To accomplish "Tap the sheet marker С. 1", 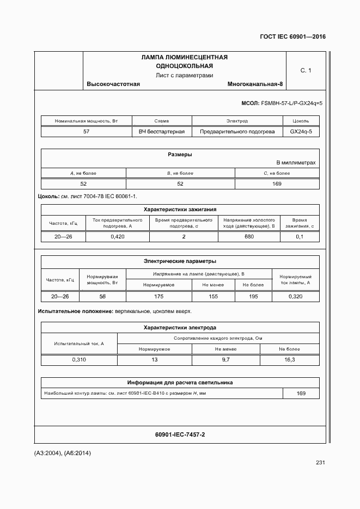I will click(306, 70).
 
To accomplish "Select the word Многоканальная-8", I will click(255, 84).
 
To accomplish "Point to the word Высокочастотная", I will click(113, 84).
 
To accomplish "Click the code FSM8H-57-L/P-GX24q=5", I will click(292, 103).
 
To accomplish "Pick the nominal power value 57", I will click(86, 132).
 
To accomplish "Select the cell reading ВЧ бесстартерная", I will click(162, 132).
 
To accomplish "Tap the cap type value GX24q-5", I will click(301, 132).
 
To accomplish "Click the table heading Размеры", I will click(180, 155).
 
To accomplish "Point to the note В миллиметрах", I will click(296, 163).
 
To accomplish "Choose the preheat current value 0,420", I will click(118, 237).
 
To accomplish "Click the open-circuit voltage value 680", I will click(249, 237).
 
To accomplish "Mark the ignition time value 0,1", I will click(300, 237).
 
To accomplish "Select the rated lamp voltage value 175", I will click(158, 296).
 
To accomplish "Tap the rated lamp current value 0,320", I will click(296, 296).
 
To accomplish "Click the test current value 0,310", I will click(79, 360).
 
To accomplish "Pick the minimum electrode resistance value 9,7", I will click(225, 360).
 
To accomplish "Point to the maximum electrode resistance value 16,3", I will click(290, 360).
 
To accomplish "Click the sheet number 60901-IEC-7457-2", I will click(180, 434).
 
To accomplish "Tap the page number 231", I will click(320, 463).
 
